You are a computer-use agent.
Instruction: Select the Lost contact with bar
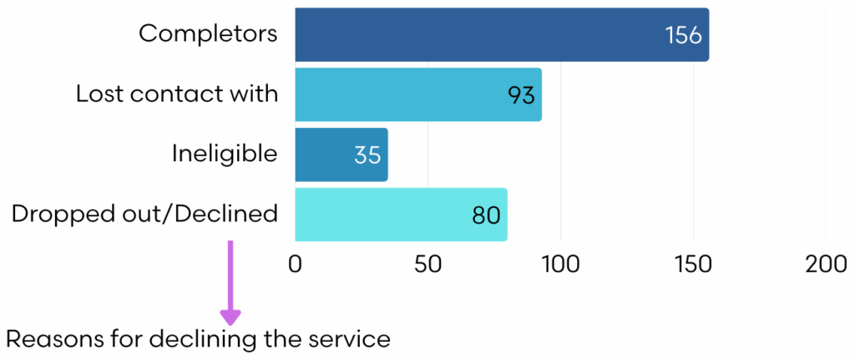tap(417, 94)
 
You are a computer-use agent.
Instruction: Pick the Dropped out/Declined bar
tap(401, 215)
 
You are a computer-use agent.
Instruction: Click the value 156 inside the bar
tap(684, 36)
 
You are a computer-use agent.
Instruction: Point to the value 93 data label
tap(521, 95)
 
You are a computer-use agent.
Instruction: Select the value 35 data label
tap(367, 155)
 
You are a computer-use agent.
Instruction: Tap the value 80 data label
tap(485, 215)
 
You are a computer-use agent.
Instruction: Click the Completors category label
tap(208, 33)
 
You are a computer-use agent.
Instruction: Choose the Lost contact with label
tap(177, 94)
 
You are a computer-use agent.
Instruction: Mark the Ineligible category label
tap(225, 154)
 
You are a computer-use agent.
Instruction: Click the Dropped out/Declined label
tap(144, 214)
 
